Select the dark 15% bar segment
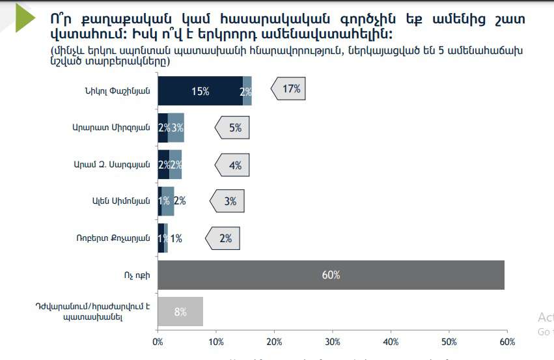[x=200, y=91]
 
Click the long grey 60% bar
[x=331, y=275]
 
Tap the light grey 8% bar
[x=180, y=311]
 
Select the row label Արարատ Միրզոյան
[x=111, y=128]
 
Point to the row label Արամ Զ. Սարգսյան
[x=112, y=165]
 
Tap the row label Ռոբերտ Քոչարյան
[x=113, y=238]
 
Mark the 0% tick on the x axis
[x=158, y=341]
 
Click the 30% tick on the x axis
[x=332, y=341]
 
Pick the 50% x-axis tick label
[x=449, y=341]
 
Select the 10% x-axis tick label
[x=216, y=341]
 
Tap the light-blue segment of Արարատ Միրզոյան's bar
[x=176, y=128]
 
